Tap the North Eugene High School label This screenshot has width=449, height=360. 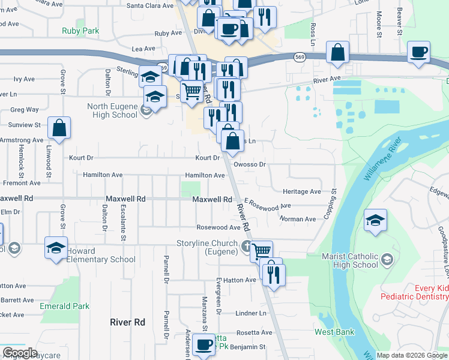click(x=112, y=111)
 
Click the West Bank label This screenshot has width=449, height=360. click(x=334, y=332)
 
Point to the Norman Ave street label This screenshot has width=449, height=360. click(x=298, y=219)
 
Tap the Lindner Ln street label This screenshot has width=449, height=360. click(x=250, y=313)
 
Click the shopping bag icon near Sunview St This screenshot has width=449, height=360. click(x=59, y=128)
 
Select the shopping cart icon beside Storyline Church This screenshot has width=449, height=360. click(x=261, y=251)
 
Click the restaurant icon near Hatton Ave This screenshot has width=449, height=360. click(x=273, y=274)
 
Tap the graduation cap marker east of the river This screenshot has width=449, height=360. click(x=376, y=221)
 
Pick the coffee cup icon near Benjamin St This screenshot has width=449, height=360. click(x=204, y=345)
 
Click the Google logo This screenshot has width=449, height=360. click(x=20, y=352)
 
